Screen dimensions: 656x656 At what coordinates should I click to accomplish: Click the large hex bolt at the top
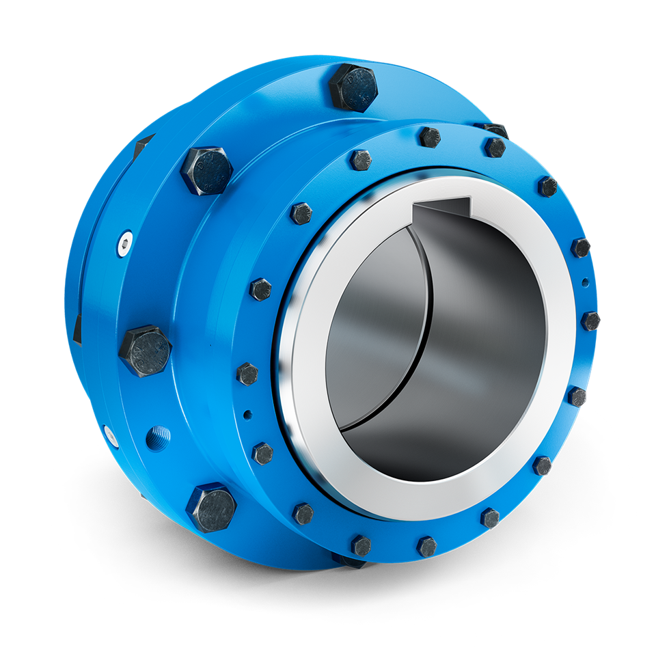click(353, 87)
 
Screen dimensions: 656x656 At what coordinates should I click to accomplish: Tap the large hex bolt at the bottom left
click(210, 507)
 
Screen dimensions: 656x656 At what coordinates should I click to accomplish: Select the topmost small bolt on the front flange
click(430, 137)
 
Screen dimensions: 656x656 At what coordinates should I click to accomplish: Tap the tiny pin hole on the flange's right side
click(584, 281)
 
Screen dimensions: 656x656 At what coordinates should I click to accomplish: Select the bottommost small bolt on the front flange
click(427, 546)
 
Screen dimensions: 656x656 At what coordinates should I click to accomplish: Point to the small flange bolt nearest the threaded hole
click(262, 452)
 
